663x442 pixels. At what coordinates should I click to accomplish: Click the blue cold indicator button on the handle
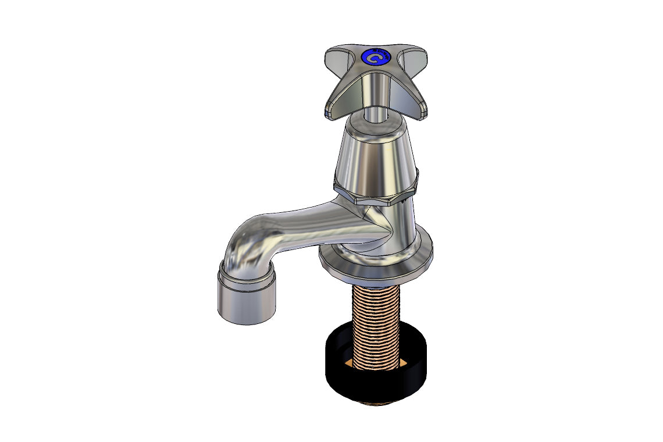point(375,58)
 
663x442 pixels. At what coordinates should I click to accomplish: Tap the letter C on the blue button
point(375,58)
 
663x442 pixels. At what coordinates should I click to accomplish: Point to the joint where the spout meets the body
point(378,227)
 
